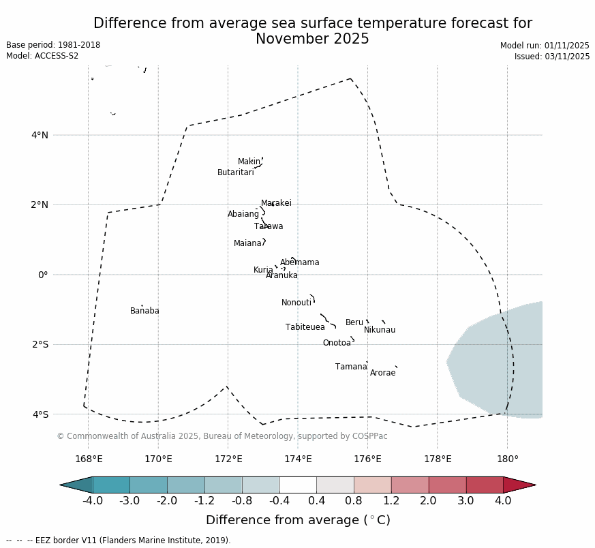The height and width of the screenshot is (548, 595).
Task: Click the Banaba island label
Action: tap(144, 311)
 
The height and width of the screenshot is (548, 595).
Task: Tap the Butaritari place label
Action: tap(235, 172)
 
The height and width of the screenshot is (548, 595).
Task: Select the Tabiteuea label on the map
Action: tap(305, 327)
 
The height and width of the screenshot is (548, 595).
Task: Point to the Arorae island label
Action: tap(382, 373)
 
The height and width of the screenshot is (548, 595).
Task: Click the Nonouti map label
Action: tap(296, 303)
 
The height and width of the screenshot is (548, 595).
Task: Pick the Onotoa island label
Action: tap(337, 343)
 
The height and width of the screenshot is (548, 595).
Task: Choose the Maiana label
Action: tap(247, 243)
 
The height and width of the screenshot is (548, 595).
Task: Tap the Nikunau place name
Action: tap(379, 330)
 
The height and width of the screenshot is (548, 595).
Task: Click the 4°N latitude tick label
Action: tap(40, 135)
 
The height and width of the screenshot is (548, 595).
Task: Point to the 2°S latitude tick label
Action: tap(40, 344)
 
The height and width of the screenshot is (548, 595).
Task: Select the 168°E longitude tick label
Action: tap(89, 459)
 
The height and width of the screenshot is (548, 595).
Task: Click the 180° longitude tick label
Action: tap(507, 459)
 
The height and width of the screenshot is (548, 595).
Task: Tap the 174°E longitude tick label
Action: tap(298, 459)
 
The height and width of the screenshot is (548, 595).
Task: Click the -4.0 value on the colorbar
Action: tap(93, 501)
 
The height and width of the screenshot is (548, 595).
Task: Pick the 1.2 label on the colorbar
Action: tap(391, 501)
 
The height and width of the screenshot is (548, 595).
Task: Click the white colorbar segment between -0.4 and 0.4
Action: tap(298, 485)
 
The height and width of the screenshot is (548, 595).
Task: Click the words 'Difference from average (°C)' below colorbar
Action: tap(298, 520)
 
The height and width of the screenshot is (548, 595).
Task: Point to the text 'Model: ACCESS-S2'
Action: tap(42, 56)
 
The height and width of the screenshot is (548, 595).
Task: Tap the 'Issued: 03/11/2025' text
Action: tap(552, 57)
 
